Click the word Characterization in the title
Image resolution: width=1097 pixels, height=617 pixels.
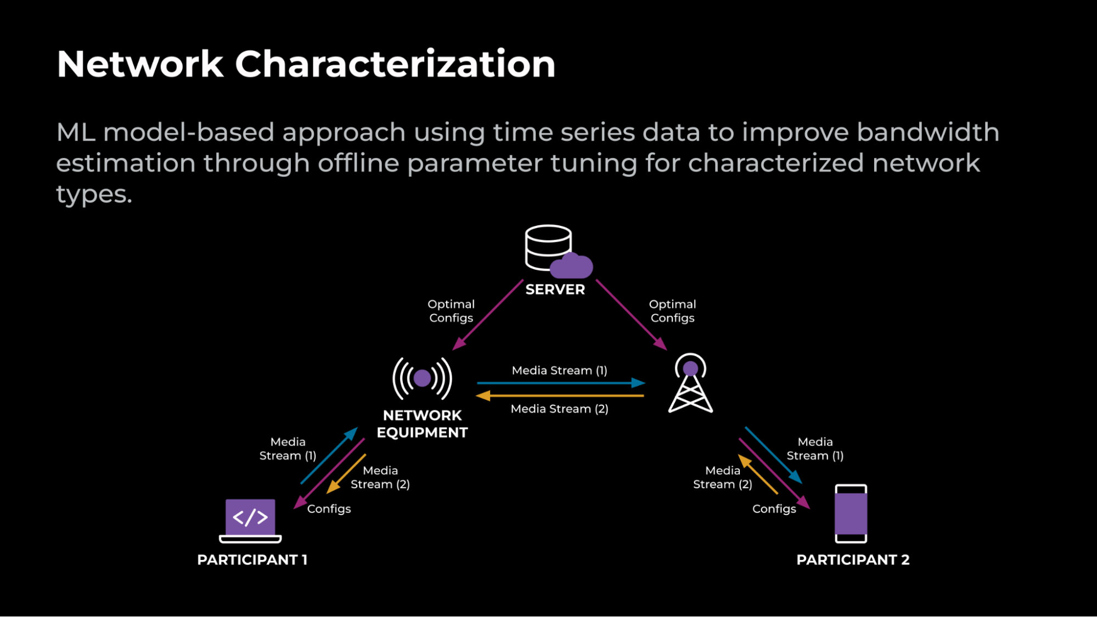[x=395, y=65]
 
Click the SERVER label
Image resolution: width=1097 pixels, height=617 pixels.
[x=555, y=290]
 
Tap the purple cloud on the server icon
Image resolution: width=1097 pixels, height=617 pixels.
[x=571, y=267]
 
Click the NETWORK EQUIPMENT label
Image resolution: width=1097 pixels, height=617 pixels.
[x=422, y=424]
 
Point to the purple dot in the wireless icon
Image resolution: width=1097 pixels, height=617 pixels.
[x=422, y=378]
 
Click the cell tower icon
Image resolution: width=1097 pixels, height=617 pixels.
[x=690, y=384]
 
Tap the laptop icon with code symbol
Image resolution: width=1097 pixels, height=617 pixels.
[x=250, y=520]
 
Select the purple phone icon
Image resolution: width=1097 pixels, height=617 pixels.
[x=851, y=514]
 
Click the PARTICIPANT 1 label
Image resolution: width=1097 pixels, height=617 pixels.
[x=252, y=560]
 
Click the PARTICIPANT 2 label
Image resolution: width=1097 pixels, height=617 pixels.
[x=853, y=560]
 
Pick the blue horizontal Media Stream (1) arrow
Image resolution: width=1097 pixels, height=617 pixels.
[x=560, y=383]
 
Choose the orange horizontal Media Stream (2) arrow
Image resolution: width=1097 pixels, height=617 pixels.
[x=560, y=395]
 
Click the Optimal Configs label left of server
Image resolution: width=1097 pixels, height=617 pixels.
[x=451, y=311]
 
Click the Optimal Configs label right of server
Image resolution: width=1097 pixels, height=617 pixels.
[x=672, y=311]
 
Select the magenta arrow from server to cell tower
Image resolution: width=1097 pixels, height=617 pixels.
[x=631, y=315]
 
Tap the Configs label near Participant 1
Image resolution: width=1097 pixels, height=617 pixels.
[x=329, y=509]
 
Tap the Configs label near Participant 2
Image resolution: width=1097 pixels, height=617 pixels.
[x=774, y=509]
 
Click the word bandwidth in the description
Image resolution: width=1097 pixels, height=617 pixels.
[x=927, y=132]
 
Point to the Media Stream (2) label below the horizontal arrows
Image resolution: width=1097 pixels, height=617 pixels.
[x=559, y=409]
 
